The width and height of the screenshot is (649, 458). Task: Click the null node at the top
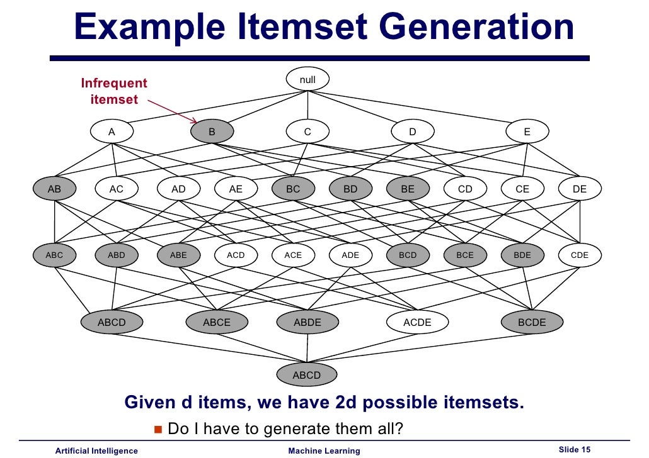(307, 80)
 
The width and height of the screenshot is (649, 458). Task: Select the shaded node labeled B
(212, 132)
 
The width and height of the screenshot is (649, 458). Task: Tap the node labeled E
(527, 132)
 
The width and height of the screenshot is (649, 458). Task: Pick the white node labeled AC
(117, 189)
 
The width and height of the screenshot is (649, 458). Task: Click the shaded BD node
(350, 189)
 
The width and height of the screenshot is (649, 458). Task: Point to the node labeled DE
(580, 189)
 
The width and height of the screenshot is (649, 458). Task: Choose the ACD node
(236, 255)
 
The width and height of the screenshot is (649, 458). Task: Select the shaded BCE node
(465, 255)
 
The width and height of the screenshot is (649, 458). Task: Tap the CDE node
(580, 255)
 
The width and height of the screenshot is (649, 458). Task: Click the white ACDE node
(417, 322)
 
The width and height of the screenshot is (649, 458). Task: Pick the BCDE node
(532, 322)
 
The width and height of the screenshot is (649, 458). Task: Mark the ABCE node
(216, 322)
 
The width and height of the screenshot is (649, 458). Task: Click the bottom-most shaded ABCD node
(307, 376)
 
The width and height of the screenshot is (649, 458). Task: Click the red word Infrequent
(114, 83)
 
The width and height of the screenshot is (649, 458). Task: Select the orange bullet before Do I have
(158, 429)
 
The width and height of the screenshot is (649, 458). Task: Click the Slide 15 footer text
(574, 449)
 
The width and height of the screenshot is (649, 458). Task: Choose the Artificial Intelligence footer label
(96, 450)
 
